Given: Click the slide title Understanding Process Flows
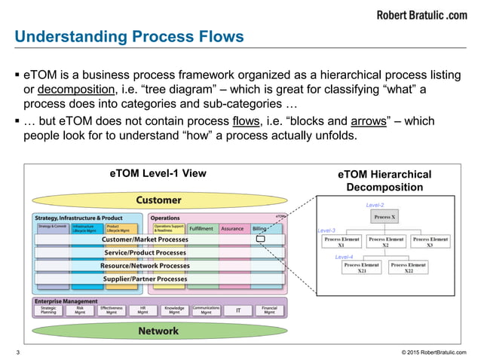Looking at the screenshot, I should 130,36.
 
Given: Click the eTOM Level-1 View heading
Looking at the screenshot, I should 158,173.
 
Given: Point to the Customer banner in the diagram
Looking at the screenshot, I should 158,200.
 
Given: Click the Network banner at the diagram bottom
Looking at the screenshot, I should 158,331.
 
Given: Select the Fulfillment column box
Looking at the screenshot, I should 201,227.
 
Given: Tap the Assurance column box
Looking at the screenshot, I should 232,227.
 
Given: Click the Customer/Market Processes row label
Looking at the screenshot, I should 146,239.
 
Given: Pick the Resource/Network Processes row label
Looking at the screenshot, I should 146,266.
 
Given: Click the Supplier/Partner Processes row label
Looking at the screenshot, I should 146,279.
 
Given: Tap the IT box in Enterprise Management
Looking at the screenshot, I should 238,310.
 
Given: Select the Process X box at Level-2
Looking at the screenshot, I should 386,218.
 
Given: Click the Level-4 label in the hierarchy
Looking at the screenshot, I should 345,257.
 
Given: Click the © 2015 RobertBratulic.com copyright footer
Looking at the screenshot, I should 434,352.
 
